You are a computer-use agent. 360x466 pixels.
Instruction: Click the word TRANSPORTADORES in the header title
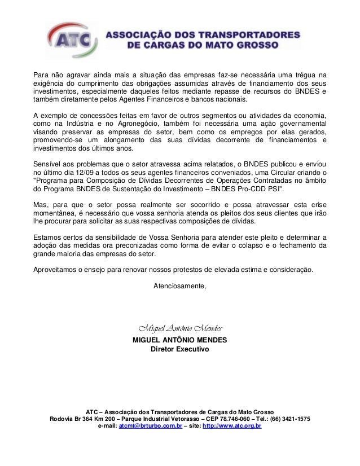245,34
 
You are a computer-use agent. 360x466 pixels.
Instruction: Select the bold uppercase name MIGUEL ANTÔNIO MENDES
179,341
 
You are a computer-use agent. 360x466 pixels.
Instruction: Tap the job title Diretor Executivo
180,350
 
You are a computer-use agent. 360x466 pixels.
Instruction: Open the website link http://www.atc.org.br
231,427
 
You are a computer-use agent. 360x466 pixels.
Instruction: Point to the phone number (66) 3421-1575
289,419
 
